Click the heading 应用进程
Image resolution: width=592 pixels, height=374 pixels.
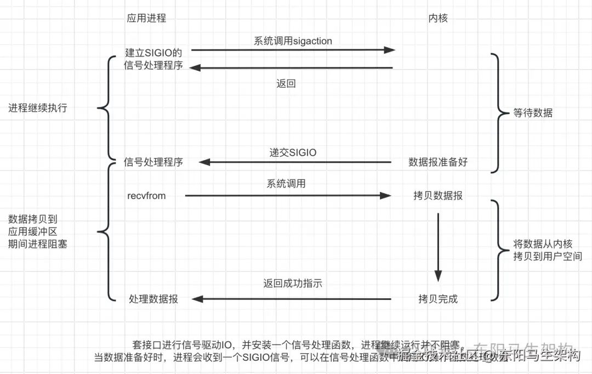coord(146,18)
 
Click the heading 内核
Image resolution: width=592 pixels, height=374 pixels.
coord(438,18)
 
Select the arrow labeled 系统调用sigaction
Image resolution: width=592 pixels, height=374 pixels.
coord(293,50)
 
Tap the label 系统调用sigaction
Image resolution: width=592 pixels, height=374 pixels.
coord(293,41)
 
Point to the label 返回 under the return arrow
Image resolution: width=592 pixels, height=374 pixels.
coord(286,84)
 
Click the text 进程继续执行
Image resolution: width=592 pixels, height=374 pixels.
coord(38,108)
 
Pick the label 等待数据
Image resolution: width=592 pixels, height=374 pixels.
coord(533,114)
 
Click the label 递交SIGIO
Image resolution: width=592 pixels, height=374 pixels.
coord(293,152)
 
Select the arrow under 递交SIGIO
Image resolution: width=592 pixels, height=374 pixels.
coord(294,162)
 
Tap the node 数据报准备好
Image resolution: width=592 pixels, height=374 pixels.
coord(438,162)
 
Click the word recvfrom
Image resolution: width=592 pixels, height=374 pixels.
coord(146,196)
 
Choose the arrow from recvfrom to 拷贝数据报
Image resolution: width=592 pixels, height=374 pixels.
coord(288,195)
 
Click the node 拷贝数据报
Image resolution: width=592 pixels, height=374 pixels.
coord(438,196)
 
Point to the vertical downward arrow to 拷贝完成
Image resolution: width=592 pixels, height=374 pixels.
coord(438,247)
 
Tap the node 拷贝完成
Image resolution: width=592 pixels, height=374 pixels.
coord(438,299)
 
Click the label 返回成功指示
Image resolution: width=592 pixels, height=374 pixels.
coord(293,284)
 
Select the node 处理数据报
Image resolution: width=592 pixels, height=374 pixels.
coord(153,299)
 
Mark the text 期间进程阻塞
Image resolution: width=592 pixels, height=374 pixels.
coord(38,245)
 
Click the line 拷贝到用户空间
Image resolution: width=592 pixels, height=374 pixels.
coord(547,256)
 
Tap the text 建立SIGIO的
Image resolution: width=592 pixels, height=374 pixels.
coord(153,53)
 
